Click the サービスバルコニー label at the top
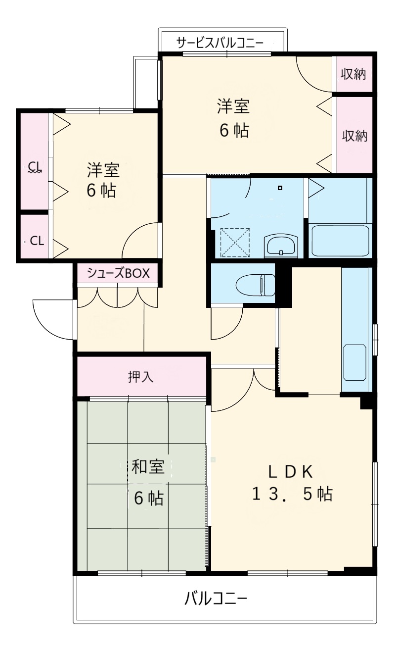(x=221, y=44)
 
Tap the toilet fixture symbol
(x=255, y=285)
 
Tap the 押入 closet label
(x=141, y=377)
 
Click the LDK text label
(x=291, y=471)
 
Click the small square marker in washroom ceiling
(x=280, y=188)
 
